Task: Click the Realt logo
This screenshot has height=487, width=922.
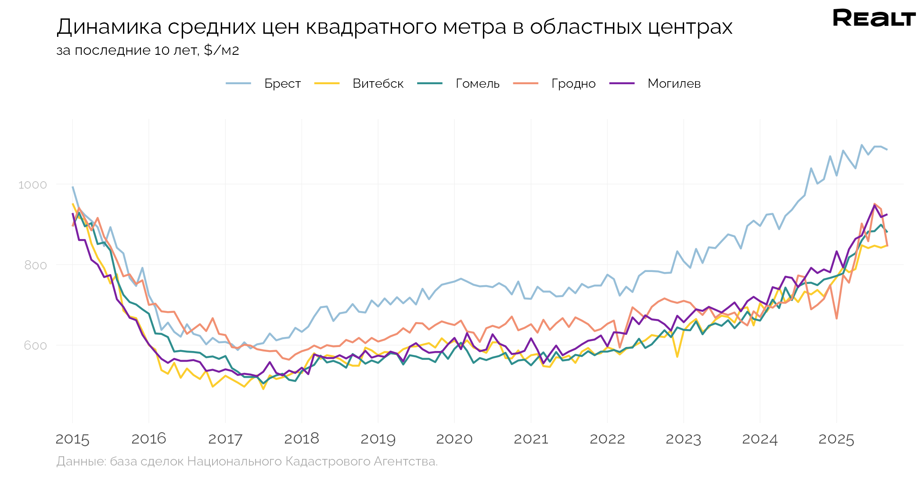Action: tap(874, 18)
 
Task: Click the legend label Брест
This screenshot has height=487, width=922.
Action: tap(282, 83)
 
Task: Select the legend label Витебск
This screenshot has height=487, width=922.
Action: tap(378, 83)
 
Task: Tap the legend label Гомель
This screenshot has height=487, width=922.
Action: tap(478, 83)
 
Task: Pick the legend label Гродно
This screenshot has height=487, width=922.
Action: tap(573, 83)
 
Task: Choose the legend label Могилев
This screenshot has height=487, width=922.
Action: tap(674, 83)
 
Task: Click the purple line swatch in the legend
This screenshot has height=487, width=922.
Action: tap(622, 83)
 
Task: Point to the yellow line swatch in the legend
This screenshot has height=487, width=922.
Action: tap(327, 83)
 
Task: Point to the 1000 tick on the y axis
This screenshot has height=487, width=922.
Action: tap(32, 185)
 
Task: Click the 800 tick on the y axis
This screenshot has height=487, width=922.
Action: tap(35, 265)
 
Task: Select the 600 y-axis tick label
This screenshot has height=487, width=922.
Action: tap(35, 346)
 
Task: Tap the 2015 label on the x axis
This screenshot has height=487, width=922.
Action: tap(72, 439)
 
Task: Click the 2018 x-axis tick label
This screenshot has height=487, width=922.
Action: tap(302, 439)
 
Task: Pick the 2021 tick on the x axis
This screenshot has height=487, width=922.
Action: tap(531, 439)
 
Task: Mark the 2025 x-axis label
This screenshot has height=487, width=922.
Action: tap(836, 439)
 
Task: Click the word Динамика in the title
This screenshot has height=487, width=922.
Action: tap(109, 27)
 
